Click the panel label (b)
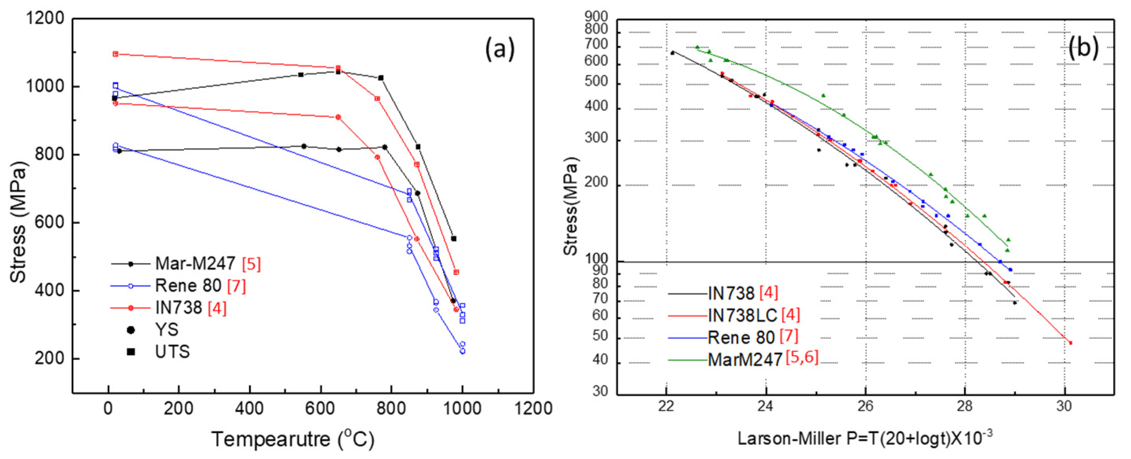[1083, 47]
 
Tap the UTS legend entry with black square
[172, 352]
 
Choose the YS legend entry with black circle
[167, 330]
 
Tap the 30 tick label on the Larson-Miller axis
[1064, 406]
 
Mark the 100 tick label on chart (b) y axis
[597, 259]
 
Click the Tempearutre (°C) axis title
[293, 439]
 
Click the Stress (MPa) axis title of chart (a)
[18, 222]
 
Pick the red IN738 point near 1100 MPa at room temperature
[115, 54]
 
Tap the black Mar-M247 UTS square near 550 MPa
[453, 239]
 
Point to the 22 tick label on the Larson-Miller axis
[666, 406]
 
